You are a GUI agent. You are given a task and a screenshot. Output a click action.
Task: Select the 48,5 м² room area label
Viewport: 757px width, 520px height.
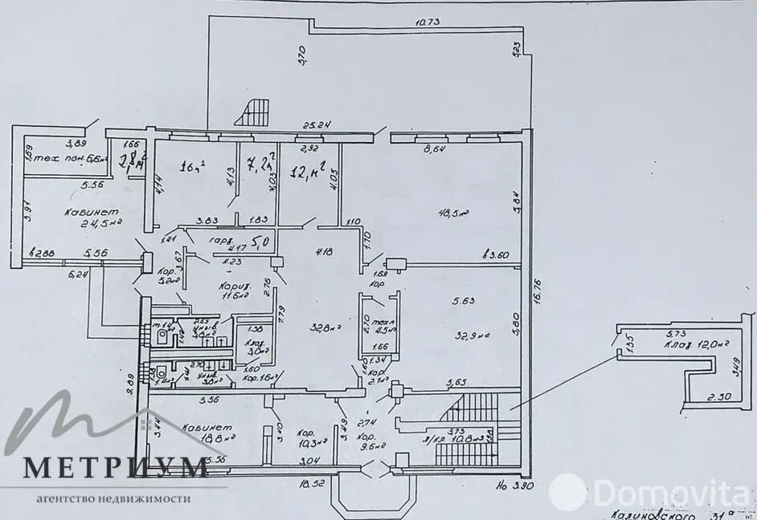click(453, 213)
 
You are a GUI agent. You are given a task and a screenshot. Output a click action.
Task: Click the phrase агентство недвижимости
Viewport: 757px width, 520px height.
click(113, 498)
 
